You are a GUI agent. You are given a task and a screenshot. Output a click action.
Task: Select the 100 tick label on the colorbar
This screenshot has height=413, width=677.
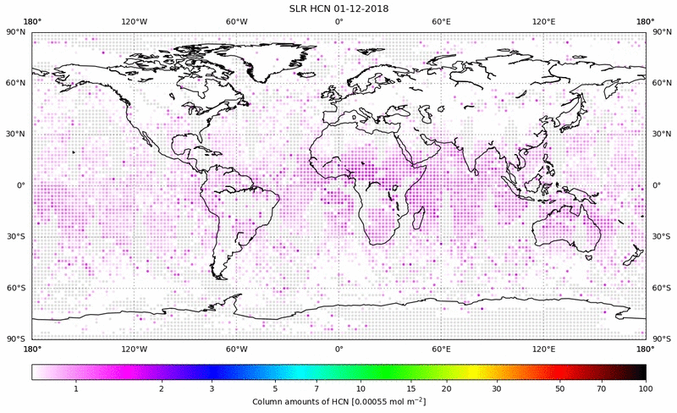tap(646, 388)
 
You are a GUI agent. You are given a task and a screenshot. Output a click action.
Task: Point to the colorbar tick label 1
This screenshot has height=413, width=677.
tap(76, 388)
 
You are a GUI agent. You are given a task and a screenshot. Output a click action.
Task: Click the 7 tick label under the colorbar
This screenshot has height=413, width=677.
tap(316, 388)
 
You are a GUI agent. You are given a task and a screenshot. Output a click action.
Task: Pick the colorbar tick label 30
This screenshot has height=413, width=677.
tap(497, 388)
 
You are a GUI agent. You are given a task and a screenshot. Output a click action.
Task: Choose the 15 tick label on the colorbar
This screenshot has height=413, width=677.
tap(410, 388)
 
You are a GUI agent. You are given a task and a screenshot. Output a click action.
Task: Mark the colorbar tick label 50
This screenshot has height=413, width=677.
tap(560, 388)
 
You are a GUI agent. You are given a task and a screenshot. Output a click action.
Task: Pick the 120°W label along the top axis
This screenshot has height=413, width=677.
tap(134, 22)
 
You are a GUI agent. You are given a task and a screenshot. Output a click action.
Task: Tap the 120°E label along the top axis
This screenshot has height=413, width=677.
tap(543, 22)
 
